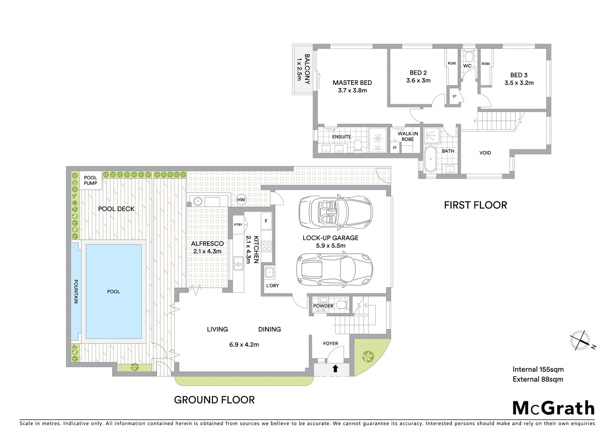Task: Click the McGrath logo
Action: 553,408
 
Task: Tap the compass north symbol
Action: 580,340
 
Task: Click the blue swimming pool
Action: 113,291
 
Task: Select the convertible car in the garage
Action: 335,212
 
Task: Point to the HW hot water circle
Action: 241,200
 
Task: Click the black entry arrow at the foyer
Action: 335,368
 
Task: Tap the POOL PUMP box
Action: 91,180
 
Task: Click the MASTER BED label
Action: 352,83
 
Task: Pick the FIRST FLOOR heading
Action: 475,205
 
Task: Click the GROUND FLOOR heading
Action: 214,400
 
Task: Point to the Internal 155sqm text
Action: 538,369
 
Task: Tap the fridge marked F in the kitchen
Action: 266,221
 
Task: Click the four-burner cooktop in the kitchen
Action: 266,246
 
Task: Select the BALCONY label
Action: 307,69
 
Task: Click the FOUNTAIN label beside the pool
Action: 76,291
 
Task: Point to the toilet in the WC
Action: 468,55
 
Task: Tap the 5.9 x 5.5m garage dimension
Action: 330,246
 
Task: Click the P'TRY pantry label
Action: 238,225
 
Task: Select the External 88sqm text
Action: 537,379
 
